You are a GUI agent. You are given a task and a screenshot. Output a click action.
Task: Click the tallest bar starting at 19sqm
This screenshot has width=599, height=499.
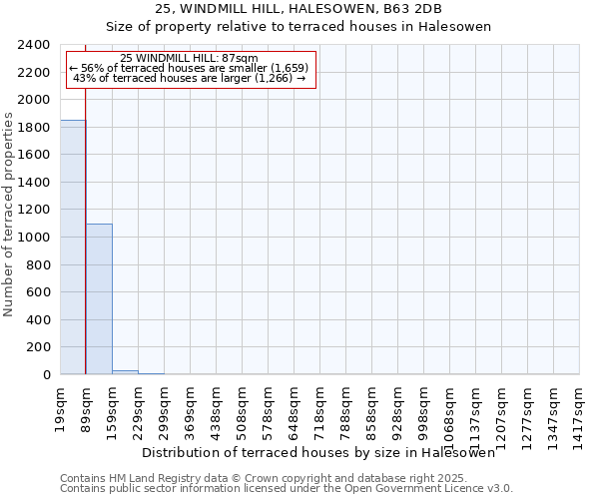coord(73,248)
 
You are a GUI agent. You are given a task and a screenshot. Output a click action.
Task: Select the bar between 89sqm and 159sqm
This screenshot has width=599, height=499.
coord(99,299)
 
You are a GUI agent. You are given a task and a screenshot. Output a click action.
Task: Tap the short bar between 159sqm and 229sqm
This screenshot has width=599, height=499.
coord(125,372)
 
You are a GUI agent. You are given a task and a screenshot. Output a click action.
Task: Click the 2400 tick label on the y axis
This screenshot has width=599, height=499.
coord(34,45)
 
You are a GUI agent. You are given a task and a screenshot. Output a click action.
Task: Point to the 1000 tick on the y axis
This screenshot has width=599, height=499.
coord(34,238)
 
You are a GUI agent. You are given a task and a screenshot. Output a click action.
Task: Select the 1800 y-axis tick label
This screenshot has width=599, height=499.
coord(34,128)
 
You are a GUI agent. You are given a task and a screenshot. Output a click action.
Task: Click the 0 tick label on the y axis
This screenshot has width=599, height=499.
coord(46,375)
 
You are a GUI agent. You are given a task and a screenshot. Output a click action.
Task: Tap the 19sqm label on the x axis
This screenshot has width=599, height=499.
coord(60,404)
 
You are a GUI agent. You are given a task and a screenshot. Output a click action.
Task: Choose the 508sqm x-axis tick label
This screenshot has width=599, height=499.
coord(242,404)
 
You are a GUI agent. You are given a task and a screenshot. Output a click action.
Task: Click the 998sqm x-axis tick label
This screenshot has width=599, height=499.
coord(423,404)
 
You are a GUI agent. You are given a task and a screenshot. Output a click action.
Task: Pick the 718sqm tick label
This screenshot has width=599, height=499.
coord(319,404)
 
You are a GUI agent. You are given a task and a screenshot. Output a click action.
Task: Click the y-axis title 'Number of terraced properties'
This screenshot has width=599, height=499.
coord(10,215)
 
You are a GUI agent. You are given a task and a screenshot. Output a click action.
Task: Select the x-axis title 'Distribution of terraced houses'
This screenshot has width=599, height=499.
coord(318,452)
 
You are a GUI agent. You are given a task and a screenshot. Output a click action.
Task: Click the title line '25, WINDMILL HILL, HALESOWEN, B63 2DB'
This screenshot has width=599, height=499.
coord(299,9)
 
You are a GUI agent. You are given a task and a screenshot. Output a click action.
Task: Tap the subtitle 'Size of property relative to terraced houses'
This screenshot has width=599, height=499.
coord(299,27)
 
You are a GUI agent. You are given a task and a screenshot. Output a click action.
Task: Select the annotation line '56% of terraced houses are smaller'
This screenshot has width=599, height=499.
coord(190,68)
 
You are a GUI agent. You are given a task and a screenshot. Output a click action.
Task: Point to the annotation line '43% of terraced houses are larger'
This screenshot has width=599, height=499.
coord(190,78)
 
